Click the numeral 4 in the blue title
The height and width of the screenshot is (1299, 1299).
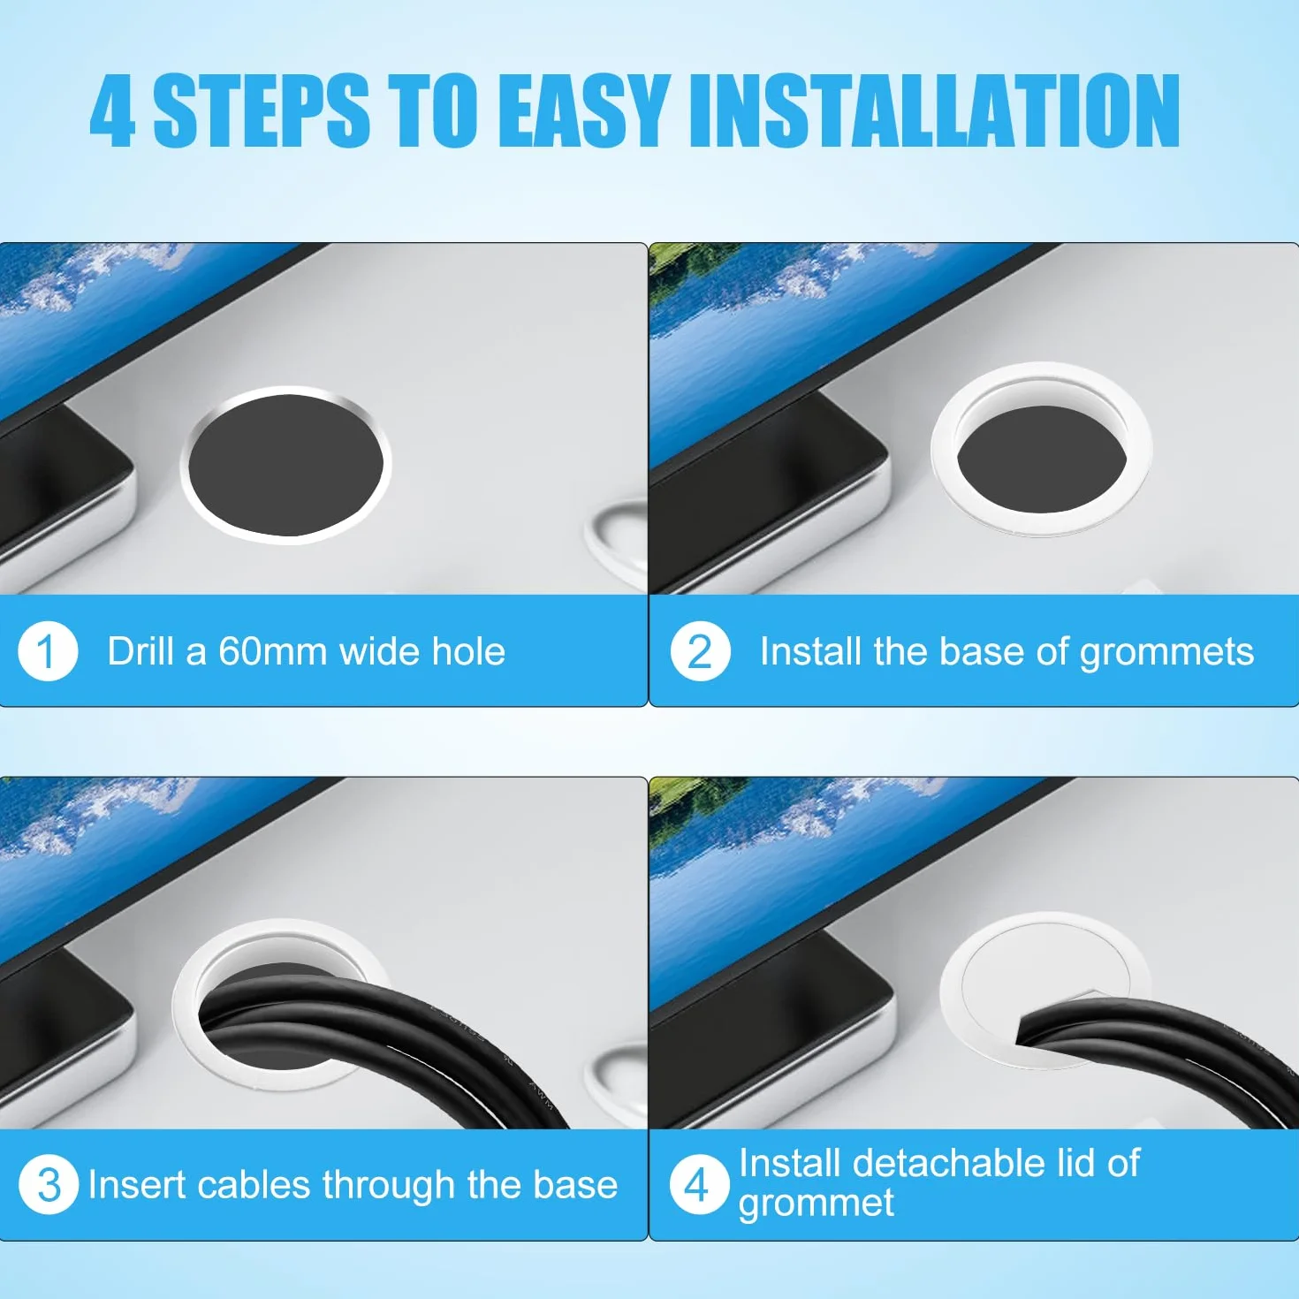[112, 111]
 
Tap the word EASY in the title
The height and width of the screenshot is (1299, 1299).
[587, 111]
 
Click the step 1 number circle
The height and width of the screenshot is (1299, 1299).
[47, 651]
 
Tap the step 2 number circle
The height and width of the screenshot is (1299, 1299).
[700, 651]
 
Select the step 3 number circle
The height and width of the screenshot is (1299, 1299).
[49, 1184]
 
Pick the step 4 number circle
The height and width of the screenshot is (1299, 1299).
[699, 1184]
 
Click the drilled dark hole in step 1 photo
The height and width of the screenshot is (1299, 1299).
[285, 465]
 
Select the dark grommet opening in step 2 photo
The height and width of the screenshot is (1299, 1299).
[1042, 459]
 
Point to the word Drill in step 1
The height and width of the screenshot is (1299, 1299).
[141, 651]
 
